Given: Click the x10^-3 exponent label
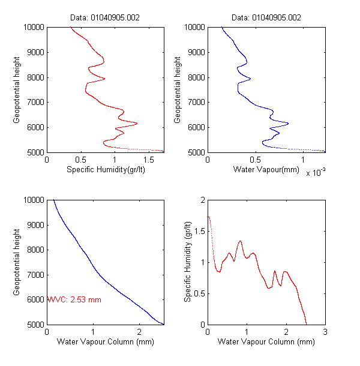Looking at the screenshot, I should (315, 173).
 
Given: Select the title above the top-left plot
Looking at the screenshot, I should (105, 17).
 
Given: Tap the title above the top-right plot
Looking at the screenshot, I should (266, 17).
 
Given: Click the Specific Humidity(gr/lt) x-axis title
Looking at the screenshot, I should (105, 170).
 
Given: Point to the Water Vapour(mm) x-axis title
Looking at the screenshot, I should (266, 170).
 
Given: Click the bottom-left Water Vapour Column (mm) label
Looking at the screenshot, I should (105, 342).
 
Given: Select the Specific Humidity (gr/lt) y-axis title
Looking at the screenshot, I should (188, 262).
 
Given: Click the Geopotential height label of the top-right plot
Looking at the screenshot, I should (178, 89).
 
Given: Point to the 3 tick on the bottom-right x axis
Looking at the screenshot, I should (325, 332).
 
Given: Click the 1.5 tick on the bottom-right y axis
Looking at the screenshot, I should (199, 230).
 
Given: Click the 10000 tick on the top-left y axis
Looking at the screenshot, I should (31, 27).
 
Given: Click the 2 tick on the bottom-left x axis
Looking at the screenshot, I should (139, 332).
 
